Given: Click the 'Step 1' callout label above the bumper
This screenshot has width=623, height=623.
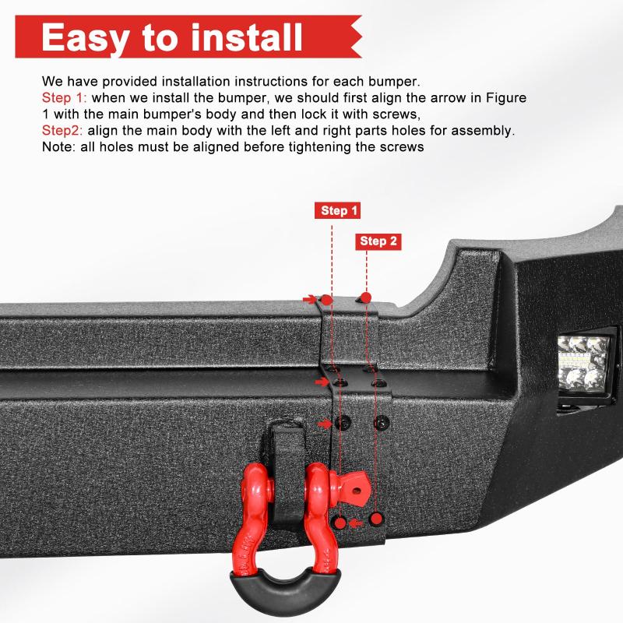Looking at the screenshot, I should (x=340, y=210).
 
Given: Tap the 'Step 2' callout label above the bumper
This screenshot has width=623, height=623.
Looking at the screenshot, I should (x=378, y=241).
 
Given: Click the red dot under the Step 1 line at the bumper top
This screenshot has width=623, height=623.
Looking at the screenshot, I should (x=328, y=299).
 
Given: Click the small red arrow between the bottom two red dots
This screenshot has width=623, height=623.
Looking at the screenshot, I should (x=357, y=521).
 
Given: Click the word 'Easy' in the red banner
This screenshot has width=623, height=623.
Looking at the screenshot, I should (x=105, y=37).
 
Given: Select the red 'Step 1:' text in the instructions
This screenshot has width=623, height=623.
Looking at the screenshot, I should (x=65, y=98).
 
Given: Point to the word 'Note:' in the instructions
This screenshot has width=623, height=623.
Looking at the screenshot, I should (x=59, y=147).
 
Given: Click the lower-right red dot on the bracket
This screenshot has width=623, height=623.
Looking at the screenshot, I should (x=377, y=519).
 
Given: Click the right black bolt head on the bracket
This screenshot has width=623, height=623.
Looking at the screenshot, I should (x=381, y=422).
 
